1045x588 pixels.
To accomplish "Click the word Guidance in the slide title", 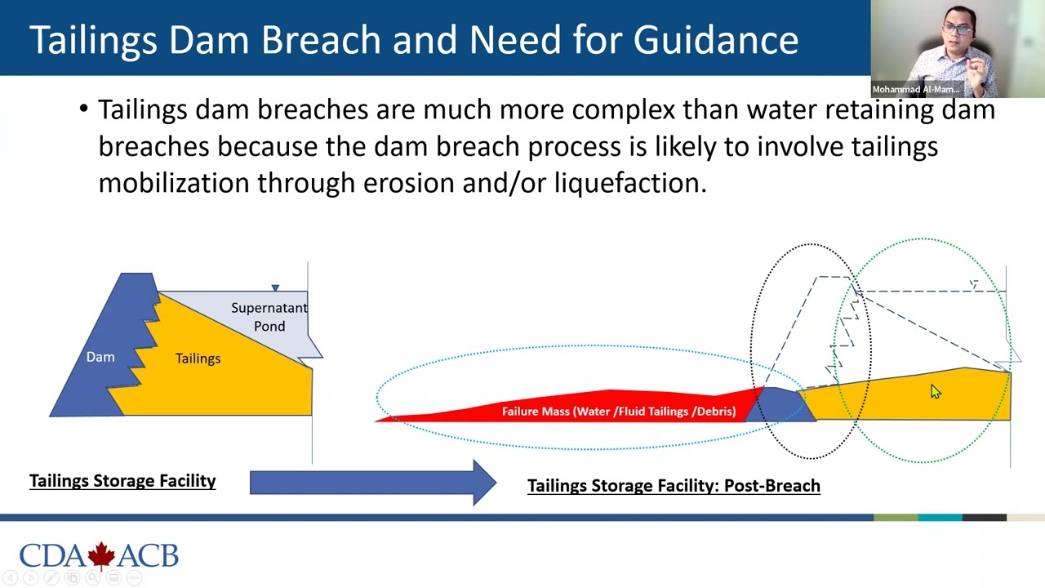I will click(715, 39).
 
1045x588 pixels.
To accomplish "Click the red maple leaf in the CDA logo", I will click(101, 555).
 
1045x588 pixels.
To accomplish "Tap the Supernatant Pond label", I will click(269, 317).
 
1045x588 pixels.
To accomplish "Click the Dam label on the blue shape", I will click(100, 357).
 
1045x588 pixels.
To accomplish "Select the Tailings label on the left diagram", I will click(198, 359).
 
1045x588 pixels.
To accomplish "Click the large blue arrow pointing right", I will click(372, 482).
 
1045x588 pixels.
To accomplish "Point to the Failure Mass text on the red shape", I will click(618, 411).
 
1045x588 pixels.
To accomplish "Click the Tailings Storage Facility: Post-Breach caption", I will click(674, 486).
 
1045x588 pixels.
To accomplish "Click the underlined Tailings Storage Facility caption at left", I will click(122, 481).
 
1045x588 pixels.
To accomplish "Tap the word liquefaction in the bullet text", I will click(629, 183).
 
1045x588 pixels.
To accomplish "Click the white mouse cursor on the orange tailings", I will click(935, 392).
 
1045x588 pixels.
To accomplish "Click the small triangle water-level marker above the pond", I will click(275, 287).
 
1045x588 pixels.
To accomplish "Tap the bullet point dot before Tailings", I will click(84, 109).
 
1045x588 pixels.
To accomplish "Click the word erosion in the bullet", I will click(408, 183).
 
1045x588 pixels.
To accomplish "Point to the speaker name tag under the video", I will click(915, 89).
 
